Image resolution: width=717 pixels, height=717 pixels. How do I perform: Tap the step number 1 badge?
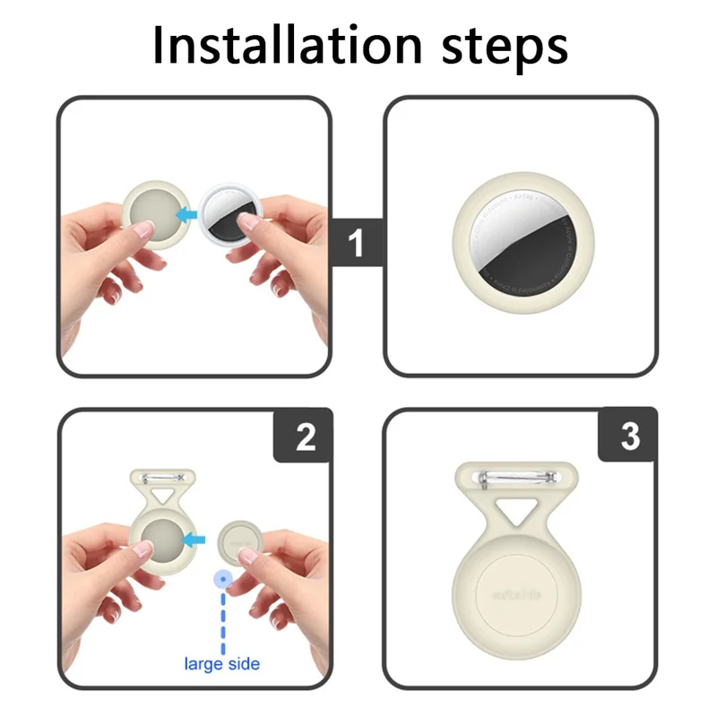click(x=356, y=243)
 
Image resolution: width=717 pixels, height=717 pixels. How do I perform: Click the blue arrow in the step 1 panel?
click(x=187, y=214)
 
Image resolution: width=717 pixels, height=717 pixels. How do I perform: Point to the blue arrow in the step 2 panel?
click(x=197, y=540)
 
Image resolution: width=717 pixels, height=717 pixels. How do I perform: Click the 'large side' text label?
click(x=221, y=664)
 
